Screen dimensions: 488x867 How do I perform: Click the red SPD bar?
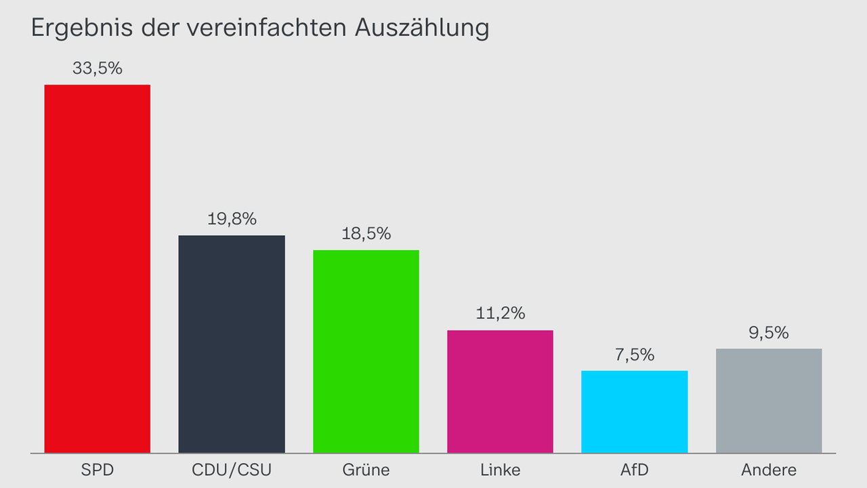point(97,268)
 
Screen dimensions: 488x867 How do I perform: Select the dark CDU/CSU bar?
point(232,344)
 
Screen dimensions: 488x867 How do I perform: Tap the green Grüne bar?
point(366,351)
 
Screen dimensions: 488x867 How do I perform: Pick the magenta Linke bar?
point(500,391)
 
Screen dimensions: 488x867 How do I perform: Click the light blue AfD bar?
point(635,411)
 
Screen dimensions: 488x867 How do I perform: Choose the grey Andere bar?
point(769,401)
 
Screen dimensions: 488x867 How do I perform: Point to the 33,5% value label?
point(97,68)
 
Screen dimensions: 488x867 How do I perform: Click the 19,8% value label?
point(232,219)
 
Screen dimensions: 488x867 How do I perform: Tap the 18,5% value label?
point(366,234)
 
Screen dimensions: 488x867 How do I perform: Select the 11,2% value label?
point(500,314)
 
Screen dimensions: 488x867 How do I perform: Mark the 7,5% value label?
point(635,354)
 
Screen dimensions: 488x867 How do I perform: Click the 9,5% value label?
point(769,333)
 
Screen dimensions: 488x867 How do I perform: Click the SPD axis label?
point(97,470)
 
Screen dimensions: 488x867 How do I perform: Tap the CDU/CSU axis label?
point(232,470)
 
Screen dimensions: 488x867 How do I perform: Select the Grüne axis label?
point(366,470)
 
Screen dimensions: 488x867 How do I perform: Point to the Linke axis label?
point(500,470)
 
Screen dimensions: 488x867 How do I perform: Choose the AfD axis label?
point(635,470)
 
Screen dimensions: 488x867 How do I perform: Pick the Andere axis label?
point(769,470)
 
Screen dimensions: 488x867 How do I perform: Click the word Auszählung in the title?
point(421,28)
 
